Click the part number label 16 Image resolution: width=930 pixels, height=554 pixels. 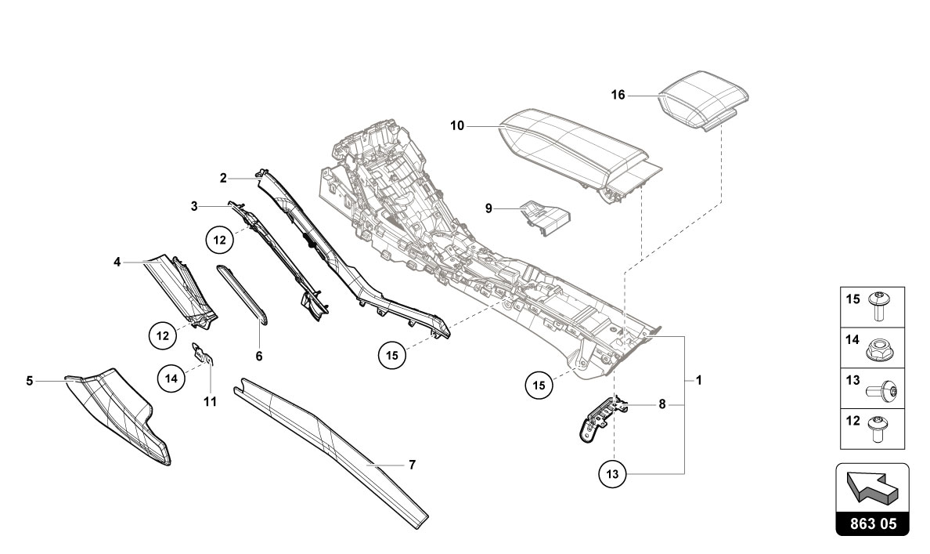(x=618, y=96)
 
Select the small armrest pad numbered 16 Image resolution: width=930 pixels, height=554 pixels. (x=701, y=98)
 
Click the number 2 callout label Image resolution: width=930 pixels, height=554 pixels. (x=223, y=179)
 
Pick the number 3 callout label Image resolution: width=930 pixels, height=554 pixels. (x=194, y=206)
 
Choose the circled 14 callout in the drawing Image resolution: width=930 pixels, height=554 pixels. (x=171, y=378)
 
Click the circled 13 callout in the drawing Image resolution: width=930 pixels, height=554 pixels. (x=614, y=473)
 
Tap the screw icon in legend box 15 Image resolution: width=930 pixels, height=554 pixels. (x=880, y=306)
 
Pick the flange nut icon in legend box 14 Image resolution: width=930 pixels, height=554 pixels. (x=880, y=348)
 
